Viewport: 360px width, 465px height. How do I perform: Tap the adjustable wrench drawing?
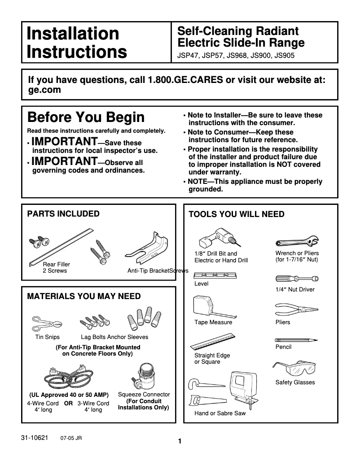(297, 243)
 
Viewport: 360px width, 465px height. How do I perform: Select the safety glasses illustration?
(294, 369)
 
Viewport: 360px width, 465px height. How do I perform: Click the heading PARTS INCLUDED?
(63, 214)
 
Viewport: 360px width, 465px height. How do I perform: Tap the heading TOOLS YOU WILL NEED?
(236, 214)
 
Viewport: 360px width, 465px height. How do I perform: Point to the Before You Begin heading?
(86, 117)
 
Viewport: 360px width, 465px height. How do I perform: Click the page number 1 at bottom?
(180, 441)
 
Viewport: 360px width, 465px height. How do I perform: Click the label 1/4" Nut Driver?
(294, 290)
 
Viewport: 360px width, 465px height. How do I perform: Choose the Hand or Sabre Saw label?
(220, 413)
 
